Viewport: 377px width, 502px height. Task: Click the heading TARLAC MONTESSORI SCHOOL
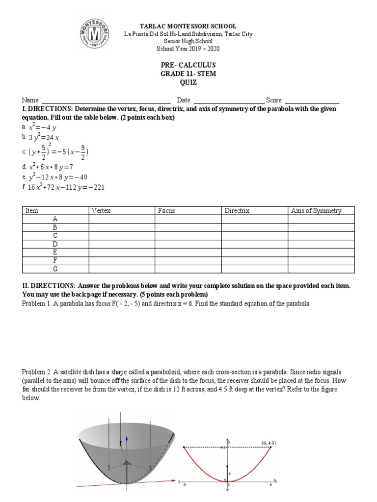[x=188, y=26]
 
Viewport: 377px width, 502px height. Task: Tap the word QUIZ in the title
[x=188, y=83]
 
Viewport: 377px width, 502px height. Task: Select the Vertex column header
[x=101, y=211]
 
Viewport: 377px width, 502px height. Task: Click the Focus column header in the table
[x=166, y=211]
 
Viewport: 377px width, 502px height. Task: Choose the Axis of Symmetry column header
[x=316, y=211]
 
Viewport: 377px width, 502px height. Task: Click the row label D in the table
[x=55, y=244]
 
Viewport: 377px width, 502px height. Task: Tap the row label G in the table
[x=55, y=269]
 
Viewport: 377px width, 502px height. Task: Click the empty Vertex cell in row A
[x=122, y=219]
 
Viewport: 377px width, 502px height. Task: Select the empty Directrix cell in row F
[x=254, y=261]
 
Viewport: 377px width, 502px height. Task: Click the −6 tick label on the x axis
[x=184, y=485]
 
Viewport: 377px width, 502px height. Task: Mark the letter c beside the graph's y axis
[x=230, y=474]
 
